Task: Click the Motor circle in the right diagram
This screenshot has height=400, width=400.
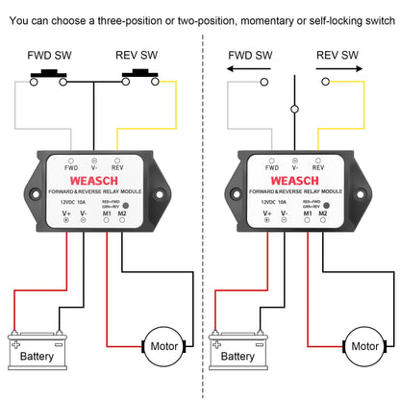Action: pyautogui.click(x=363, y=343)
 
